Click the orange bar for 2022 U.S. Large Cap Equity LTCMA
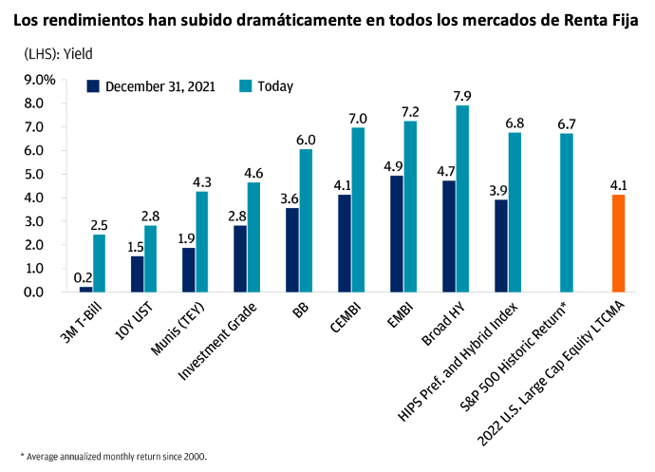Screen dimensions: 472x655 pyautogui.click(x=617, y=243)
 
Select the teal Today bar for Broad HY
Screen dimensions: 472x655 pyautogui.click(x=462, y=198)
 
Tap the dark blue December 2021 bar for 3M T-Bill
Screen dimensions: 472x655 pyautogui.click(x=85, y=289)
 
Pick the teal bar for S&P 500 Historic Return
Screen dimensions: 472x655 pyautogui.click(x=566, y=213)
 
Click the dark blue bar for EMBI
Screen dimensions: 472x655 pyautogui.click(x=396, y=234)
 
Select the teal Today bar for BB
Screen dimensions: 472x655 pyautogui.click(x=306, y=220)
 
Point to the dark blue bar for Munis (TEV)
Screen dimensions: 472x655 pyautogui.click(x=189, y=269)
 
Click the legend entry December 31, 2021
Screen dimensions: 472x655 pyautogui.click(x=152, y=86)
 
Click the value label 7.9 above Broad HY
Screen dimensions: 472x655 pyautogui.click(x=462, y=96)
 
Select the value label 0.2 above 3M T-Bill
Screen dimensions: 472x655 pyautogui.click(x=84, y=277)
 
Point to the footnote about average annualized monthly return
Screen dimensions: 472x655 pyautogui.click(x=113, y=457)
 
